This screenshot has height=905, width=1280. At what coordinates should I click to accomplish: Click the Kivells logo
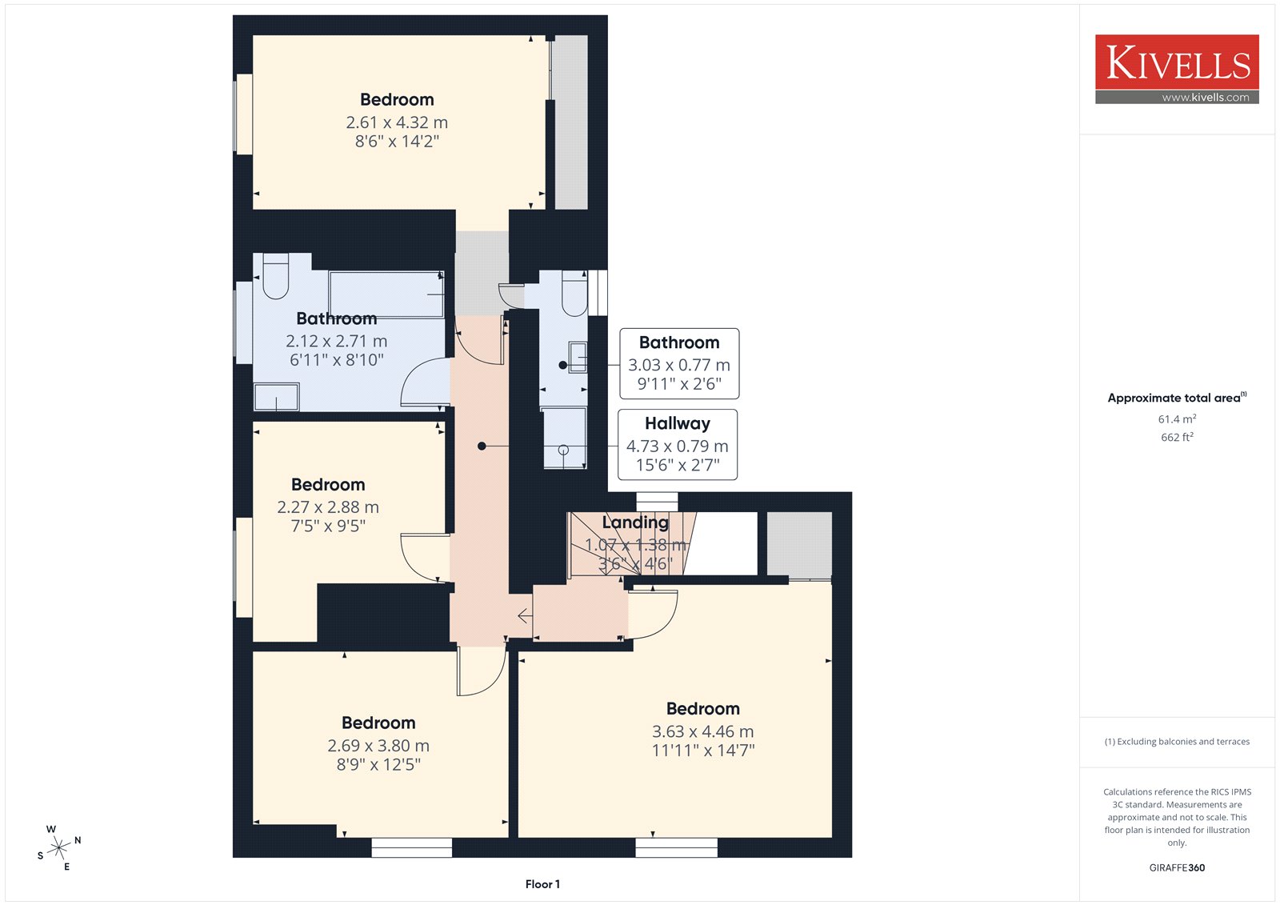[x=1177, y=69]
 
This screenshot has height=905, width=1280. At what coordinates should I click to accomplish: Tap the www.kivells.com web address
[x=1205, y=97]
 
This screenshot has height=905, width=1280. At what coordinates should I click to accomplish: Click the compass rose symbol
[x=59, y=848]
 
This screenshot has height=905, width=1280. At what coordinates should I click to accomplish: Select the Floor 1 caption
[x=542, y=884]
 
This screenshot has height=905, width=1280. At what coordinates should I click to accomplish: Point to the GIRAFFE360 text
[x=1177, y=867]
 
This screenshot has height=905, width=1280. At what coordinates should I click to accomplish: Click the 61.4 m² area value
[x=1177, y=418]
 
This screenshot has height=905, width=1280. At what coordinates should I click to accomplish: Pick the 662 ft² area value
[x=1177, y=437]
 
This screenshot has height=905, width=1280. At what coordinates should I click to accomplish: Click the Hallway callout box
[x=677, y=444]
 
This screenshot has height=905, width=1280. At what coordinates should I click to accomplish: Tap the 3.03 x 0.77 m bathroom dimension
[x=679, y=365]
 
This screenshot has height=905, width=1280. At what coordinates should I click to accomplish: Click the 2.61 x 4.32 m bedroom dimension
[x=397, y=122]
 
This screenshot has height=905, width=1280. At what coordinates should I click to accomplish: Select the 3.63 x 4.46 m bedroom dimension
[x=703, y=731]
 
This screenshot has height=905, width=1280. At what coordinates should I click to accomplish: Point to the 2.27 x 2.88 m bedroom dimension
[x=327, y=507]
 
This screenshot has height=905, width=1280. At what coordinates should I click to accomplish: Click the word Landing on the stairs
[x=635, y=522]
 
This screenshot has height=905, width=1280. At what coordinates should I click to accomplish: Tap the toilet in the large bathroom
[x=275, y=276]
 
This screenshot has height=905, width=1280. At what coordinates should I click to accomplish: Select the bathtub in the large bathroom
[x=386, y=294]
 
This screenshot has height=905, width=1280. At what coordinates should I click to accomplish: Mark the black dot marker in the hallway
[x=482, y=446]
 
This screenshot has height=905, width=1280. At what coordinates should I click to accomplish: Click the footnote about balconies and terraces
[x=1177, y=742]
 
